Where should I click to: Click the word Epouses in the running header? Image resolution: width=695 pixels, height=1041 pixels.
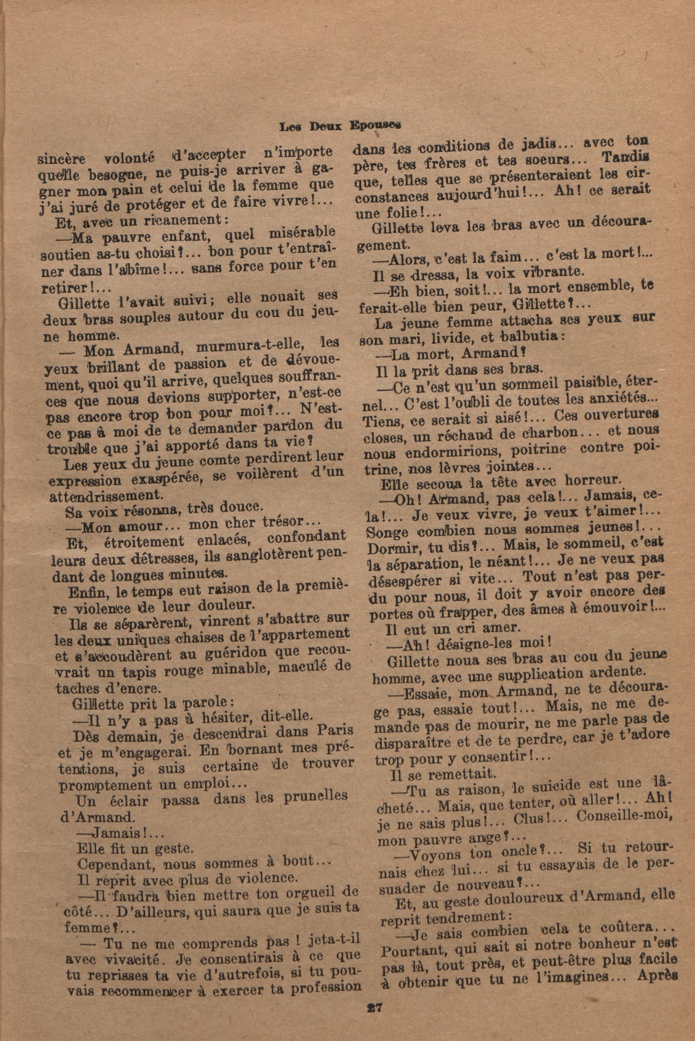click(x=375, y=125)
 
